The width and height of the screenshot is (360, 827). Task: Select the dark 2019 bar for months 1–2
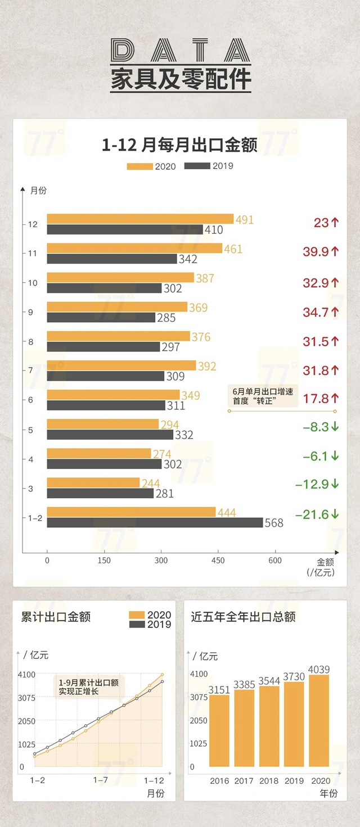[155, 522]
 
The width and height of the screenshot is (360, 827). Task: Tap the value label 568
[274, 523]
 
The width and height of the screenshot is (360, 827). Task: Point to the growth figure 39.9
[316, 251]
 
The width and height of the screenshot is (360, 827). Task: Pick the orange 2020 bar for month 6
[113, 395]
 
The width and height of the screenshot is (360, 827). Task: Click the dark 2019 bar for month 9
[101, 318]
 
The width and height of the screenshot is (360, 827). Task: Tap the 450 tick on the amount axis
[218, 561]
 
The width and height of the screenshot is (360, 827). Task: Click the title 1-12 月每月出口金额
[179, 146]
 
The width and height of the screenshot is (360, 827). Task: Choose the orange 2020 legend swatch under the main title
[139, 166]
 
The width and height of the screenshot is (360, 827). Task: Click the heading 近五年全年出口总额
[243, 617]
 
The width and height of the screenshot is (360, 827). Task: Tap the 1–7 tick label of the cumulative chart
[101, 780]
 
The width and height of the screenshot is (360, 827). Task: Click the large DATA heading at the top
[180, 52]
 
